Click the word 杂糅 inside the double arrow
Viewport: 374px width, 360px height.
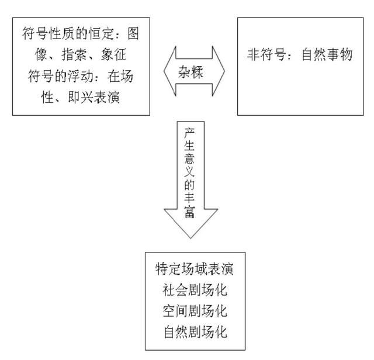click(x=191, y=71)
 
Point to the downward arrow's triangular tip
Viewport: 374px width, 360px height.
click(x=191, y=238)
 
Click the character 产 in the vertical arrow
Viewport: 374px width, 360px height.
click(x=189, y=133)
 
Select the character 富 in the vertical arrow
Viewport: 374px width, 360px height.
click(x=189, y=212)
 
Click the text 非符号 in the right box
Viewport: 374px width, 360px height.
click(x=266, y=54)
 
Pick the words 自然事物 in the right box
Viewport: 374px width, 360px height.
click(x=327, y=54)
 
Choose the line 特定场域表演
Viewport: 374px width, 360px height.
click(x=195, y=269)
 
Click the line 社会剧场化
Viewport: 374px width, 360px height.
click(x=195, y=290)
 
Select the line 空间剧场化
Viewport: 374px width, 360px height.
click(x=195, y=311)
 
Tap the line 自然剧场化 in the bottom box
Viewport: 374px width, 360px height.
click(x=195, y=332)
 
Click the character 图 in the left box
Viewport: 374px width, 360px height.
click(x=133, y=33)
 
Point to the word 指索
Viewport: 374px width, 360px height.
click(x=74, y=54)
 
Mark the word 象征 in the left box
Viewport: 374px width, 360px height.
click(x=113, y=54)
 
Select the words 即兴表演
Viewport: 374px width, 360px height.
click(x=93, y=97)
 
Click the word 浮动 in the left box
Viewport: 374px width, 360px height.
click(x=81, y=76)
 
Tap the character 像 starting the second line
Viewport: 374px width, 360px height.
click(x=41, y=54)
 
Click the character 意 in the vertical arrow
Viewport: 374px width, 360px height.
click(x=189, y=160)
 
